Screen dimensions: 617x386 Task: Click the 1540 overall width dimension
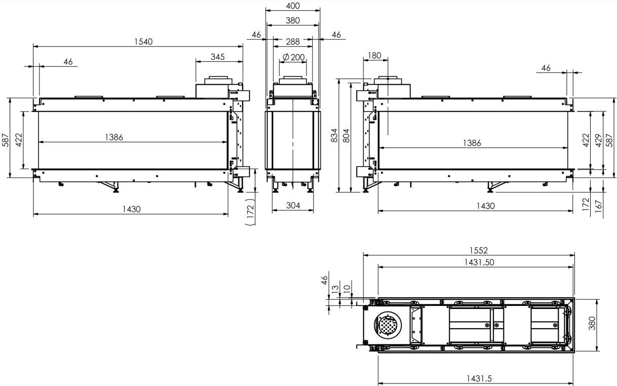tap(143, 42)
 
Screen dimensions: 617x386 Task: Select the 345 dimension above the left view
tap(217, 57)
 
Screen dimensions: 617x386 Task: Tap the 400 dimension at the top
tap(293, 6)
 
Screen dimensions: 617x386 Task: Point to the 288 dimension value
tap(293, 42)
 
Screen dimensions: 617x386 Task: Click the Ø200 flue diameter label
tap(294, 57)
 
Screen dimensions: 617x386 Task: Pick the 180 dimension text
tap(374, 56)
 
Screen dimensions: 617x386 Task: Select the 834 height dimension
tap(334, 135)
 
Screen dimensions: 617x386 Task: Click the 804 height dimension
tap(346, 135)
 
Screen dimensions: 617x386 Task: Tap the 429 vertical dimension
tap(598, 140)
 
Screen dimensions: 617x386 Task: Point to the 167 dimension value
tap(598, 206)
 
